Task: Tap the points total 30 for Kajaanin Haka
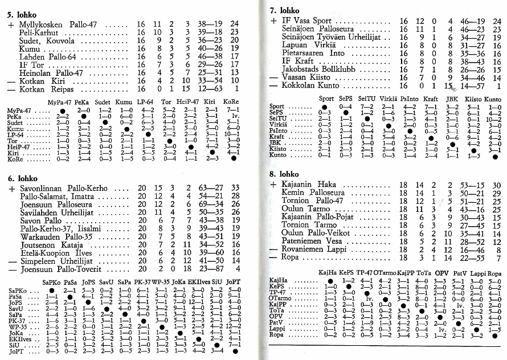click(497, 185)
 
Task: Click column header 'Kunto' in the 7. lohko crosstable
click(492, 99)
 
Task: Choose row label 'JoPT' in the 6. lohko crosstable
click(17, 353)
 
